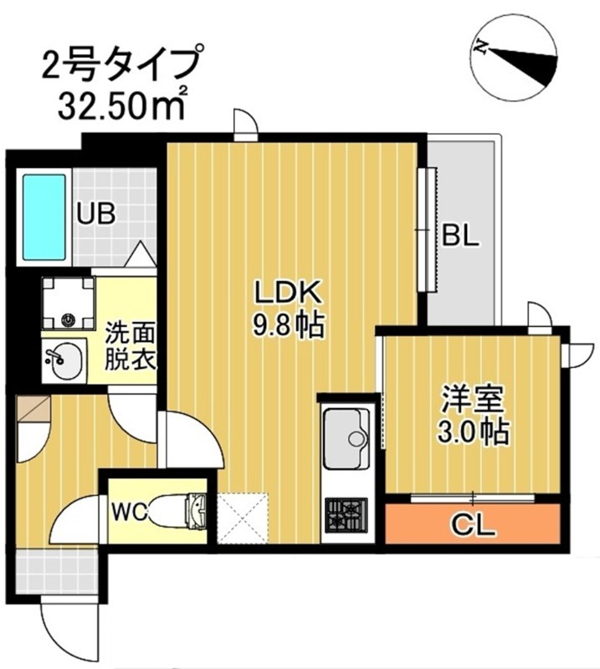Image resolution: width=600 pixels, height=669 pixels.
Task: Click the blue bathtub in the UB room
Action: pyautogui.click(x=44, y=217)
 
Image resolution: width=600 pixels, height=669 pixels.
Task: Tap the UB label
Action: pyautogui.click(x=96, y=213)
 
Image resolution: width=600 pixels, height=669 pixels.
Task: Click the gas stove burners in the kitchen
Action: pyautogui.click(x=346, y=512)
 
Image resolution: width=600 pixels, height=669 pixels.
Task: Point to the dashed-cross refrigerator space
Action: pyautogui.click(x=241, y=518)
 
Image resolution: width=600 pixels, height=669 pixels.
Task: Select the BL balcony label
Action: pyautogui.click(x=459, y=236)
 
